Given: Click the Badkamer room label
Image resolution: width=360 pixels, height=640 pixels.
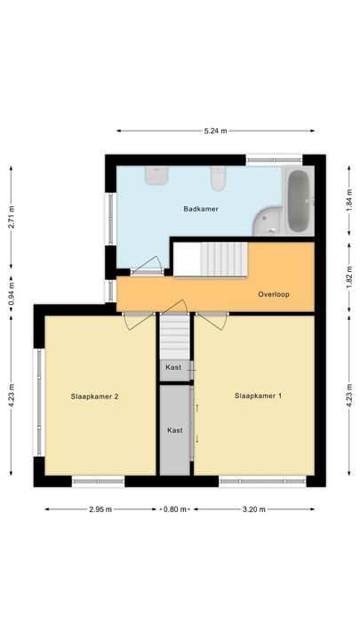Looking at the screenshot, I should click(201, 209).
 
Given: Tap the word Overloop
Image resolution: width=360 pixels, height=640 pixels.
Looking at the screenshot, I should click(274, 294).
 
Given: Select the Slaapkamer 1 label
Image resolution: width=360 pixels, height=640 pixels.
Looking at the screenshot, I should click(259, 396).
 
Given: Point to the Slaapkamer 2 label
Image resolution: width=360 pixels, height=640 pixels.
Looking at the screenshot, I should click(94, 396).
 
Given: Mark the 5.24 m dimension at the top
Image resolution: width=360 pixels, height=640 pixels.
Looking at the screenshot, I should click(215, 131).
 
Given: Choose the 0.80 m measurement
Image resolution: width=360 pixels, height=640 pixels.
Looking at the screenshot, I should click(174, 510).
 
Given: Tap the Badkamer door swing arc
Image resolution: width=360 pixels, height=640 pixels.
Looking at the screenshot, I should click(147, 264).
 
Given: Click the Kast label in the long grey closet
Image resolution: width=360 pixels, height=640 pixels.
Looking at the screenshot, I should click(175, 430).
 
